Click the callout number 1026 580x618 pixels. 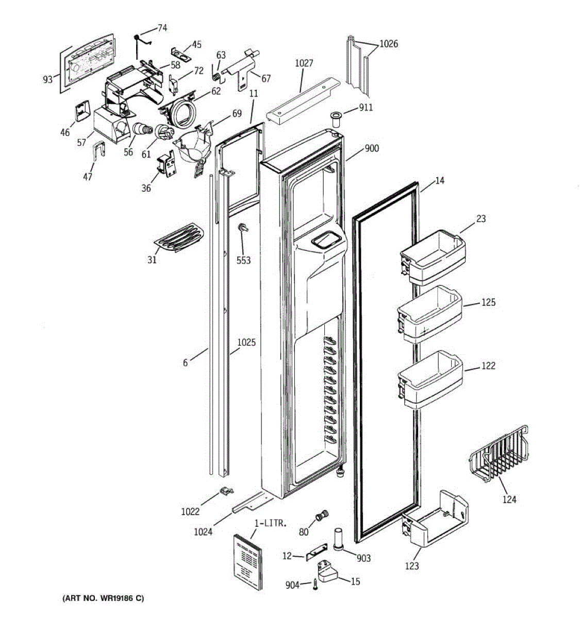click(x=389, y=44)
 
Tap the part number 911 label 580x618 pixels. click(x=366, y=108)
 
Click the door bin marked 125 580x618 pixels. click(x=429, y=314)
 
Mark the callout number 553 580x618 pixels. click(x=243, y=261)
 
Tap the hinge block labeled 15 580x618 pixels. click(x=330, y=572)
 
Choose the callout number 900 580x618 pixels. click(x=371, y=149)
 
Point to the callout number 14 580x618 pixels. click(x=439, y=181)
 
